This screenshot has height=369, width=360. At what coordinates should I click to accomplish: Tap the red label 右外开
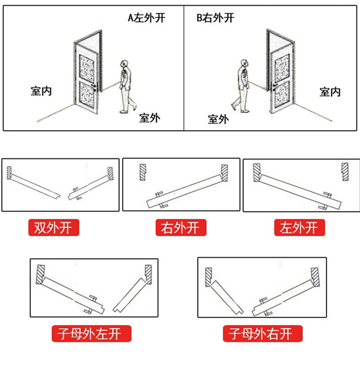(180, 227)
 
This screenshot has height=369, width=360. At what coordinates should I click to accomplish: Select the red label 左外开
(299, 227)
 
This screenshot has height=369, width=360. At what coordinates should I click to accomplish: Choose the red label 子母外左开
(92, 334)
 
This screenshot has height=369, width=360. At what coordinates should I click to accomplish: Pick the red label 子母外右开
(263, 334)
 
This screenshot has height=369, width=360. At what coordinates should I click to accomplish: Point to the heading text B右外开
(215, 18)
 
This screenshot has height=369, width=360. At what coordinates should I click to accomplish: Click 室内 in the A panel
(41, 91)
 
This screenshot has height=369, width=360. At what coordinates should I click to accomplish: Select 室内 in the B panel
(330, 92)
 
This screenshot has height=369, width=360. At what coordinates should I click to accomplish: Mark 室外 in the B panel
(218, 119)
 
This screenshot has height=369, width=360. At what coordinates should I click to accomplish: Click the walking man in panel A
(126, 86)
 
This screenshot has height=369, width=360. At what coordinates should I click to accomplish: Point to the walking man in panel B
(242, 86)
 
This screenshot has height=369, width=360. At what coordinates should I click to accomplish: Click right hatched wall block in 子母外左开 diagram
(148, 273)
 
